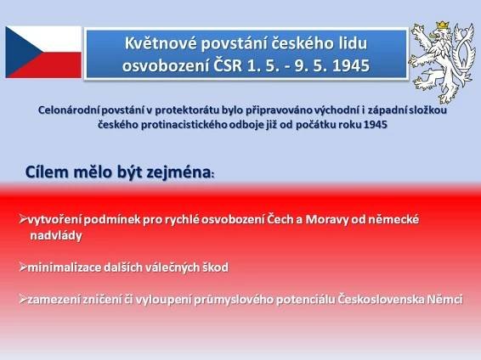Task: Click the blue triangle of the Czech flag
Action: click(x=20, y=52)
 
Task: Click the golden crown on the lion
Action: click(x=443, y=25)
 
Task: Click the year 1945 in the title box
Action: click(x=351, y=65)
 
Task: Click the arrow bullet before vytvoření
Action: click(x=23, y=219)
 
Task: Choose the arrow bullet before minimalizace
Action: click(x=23, y=267)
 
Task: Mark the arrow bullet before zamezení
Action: click(x=23, y=298)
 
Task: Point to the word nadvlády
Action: click(x=56, y=235)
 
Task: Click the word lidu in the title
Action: click(x=354, y=43)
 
